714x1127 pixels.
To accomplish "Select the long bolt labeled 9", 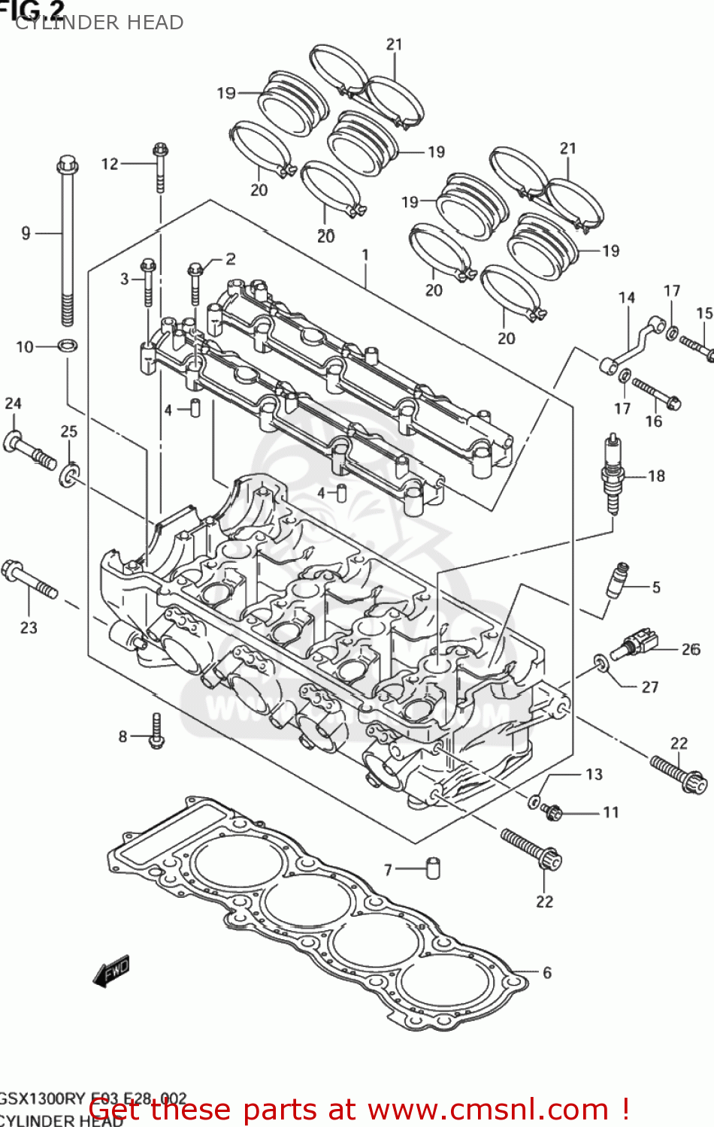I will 67,240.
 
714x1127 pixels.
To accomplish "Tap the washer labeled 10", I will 68,346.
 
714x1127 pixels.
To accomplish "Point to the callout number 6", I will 546,972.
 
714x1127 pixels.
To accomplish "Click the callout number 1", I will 365,255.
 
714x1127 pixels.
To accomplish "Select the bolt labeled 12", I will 160,167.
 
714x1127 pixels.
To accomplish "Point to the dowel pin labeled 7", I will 433,868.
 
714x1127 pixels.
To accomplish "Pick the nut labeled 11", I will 552,811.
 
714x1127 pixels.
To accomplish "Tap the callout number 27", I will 649,687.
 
